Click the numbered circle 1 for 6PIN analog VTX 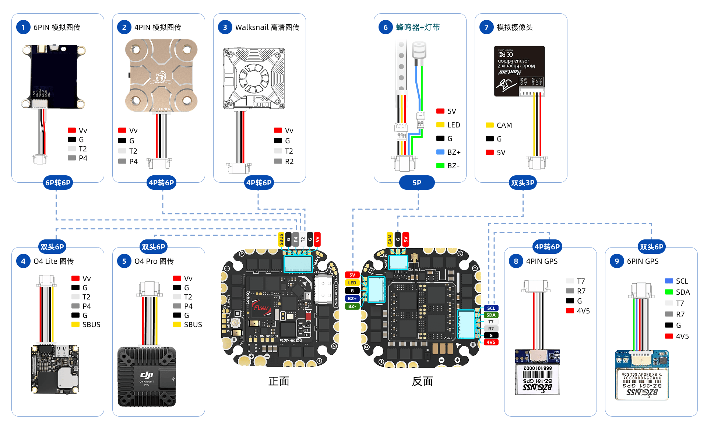click(23, 27)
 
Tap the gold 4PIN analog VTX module click(161, 76)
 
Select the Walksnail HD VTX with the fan click(254, 78)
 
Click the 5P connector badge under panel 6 click(417, 183)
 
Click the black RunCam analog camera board click(519, 71)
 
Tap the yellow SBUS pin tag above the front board click(281, 239)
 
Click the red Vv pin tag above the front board click(317, 239)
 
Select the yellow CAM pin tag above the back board click(390, 239)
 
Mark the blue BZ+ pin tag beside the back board click(352, 298)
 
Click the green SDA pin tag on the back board click(491, 315)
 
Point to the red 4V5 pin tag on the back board click(491, 342)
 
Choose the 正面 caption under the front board click(279, 381)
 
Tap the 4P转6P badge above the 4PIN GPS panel click(547, 247)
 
